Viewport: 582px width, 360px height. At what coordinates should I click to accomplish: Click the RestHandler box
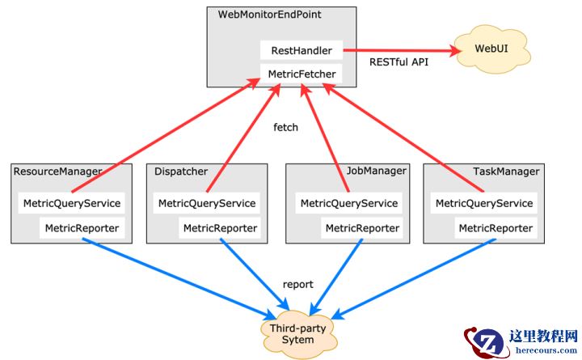[301, 50]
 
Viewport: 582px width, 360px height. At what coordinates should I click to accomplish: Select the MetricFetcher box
[301, 74]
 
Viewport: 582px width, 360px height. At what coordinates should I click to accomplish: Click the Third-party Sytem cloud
[298, 333]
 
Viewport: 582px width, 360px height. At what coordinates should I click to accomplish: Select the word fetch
[286, 127]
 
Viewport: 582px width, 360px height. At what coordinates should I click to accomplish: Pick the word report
[297, 284]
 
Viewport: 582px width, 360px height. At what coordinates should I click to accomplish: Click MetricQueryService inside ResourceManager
[72, 203]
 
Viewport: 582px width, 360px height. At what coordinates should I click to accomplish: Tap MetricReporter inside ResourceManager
[82, 228]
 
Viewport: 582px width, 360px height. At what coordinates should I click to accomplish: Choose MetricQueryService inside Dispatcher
[207, 203]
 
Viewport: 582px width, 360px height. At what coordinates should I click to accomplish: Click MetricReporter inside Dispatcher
[220, 228]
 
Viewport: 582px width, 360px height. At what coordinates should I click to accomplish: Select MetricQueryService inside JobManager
[349, 203]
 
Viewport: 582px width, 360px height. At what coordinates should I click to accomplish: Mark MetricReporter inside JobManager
[362, 228]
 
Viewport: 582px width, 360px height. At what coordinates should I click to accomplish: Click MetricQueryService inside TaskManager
[484, 203]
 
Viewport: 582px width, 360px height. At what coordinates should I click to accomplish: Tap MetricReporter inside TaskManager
[496, 228]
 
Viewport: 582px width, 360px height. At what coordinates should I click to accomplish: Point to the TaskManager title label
[505, 172]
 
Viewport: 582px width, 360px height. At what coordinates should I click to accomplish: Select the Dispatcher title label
[179, 172]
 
